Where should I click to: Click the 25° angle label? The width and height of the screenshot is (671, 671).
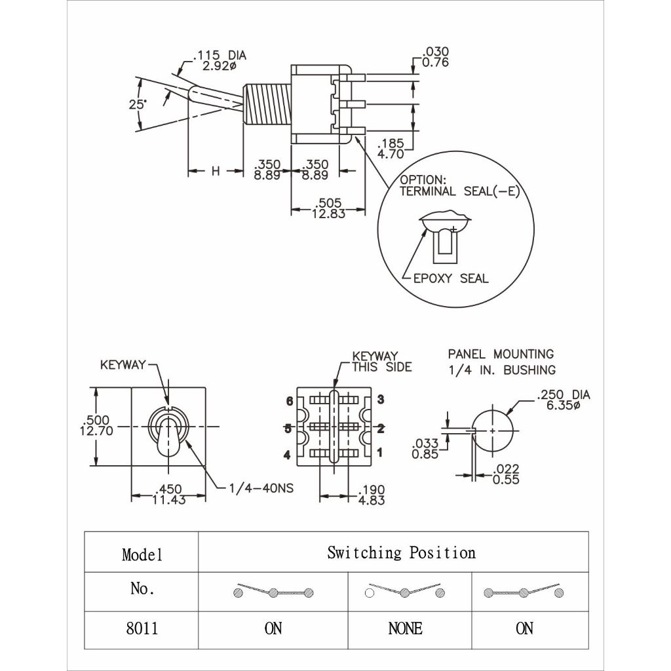(x=138, y=104)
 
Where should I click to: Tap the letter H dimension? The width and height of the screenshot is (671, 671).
(x=216, y=171)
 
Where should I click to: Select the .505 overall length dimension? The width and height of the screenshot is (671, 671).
(x=328, y=208)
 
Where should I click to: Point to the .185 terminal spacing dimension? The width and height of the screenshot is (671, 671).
(x=391, y=149)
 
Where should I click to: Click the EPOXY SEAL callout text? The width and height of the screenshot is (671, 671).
(x=451, y=278)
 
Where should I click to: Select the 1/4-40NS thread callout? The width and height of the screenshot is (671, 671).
(x=261, y=488)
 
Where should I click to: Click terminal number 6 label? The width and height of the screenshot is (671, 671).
(x=290, y=401)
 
